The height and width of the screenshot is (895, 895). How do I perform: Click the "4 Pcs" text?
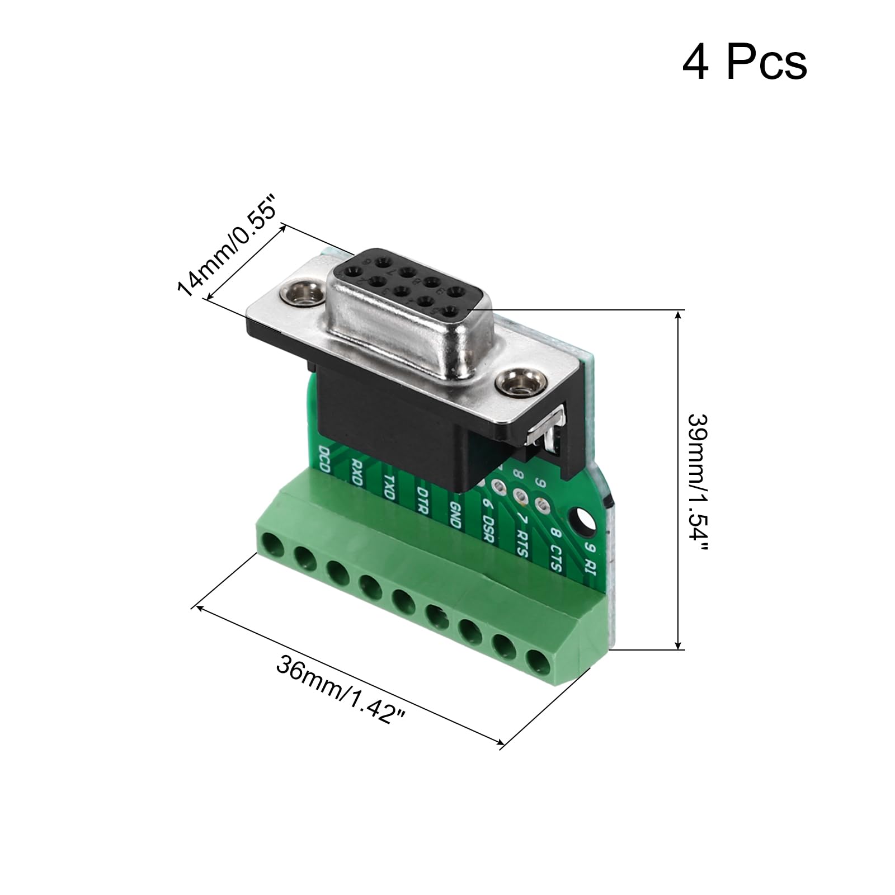pyautogui.click(x=744, y=63)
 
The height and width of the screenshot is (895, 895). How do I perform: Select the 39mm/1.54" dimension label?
pyautogui.click(x=697, y=482)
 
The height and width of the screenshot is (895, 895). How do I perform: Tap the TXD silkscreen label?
pyautogui.click(x=389, y=486)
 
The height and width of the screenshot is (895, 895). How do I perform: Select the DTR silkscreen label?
pyautogui.click(x=422, y=500)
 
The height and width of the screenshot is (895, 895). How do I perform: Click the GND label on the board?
pyautogui.click(x=455, y=514)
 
